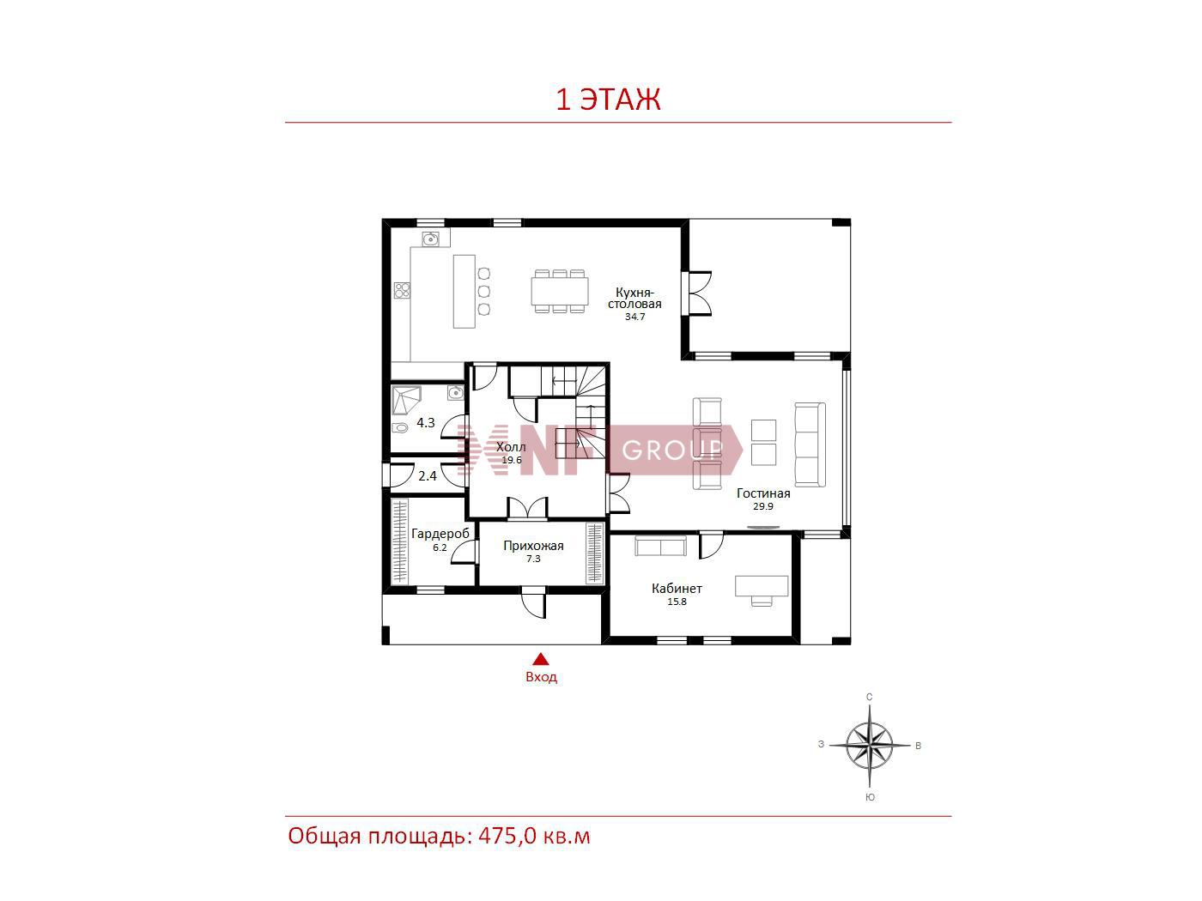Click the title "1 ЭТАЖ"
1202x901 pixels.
pyautogui.click(x=608, y=99)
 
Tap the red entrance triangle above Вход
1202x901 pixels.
pyautogui.click(x=541, y=659)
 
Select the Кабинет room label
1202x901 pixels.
pyautogui.click(x=677, y=589)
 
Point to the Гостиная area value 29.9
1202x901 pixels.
pyautogui.click(x=762, y=506)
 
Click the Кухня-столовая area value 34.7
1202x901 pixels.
pyautogui.click(x=634, y=317)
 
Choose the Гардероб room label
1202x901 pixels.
pyautogui.click(x=440, y=534)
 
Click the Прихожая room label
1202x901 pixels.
pyautogui.click(x=533, y=546)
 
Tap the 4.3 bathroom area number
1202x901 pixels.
pyautogui.click(x=426, y=423)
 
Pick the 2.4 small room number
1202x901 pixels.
pyautogui.click(x=427, y=476)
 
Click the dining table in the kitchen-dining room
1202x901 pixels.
pyautogui.click(x=559, y=292)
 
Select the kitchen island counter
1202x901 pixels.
pyautogui.click(x=464, y=291)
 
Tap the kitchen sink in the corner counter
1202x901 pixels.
pyautogui.click(x=430, y=239)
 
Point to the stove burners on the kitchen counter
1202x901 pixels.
pyautogui.click(x=402, y=290)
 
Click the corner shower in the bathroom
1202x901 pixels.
pyautogui.click(x=406, y=401)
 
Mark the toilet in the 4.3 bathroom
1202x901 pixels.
pyautogui.click(x=400, y=427)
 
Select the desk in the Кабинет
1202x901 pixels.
pyautogui.click(x=762, y=585)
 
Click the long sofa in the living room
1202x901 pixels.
pyautogui.click(x=810, y=444)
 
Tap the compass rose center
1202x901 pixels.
pyautogui.click(x=869, y=745)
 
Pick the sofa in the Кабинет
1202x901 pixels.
pyautogui.click(x=660, y=546)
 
